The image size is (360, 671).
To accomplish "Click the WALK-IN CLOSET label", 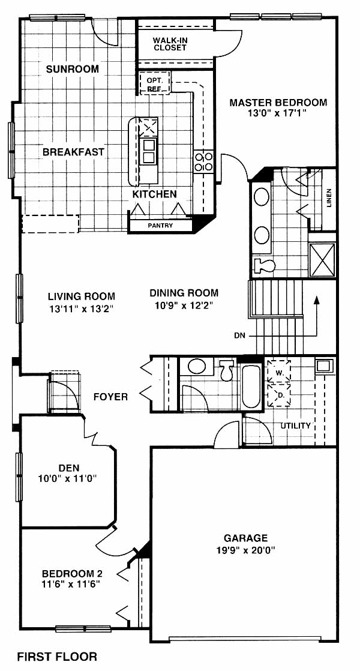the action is coord(170,44).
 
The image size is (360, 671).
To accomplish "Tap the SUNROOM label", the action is coord(73,69).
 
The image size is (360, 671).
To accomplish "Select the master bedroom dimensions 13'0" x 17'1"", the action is coord(278,113).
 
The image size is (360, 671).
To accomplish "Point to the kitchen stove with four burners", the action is coord(203,162).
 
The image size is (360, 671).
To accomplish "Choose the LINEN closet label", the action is coord(328,198).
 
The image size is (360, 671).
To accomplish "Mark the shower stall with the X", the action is coord(322,260).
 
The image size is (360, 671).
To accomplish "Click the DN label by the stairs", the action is coord(240,335).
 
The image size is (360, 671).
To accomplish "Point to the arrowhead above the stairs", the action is coord(317,300).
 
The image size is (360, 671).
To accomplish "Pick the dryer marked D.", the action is coord(279,394).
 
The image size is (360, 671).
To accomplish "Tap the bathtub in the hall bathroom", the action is coord(251,386).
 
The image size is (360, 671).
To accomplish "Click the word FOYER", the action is coord(111,397).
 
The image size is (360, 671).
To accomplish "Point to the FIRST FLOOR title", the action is coord(57,657).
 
